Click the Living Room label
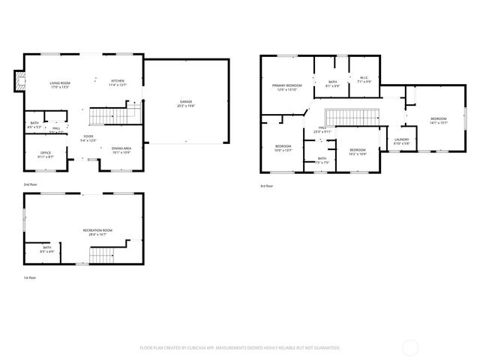(x=59, y=84)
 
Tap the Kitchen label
(x=118, y=82)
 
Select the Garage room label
(x=186, y=103)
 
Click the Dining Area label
(x=121, y=151)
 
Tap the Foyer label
(x=88, y=138)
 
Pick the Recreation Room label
(x=97, y=232)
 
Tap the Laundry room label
(x=401, y=141)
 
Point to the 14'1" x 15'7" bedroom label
(x=438, y=121)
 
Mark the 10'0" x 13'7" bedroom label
(x=283, y=148)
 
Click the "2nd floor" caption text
(x=31, y=184)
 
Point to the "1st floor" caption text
(x=31, y=278)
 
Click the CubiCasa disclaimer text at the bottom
(x=240, y=347)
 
